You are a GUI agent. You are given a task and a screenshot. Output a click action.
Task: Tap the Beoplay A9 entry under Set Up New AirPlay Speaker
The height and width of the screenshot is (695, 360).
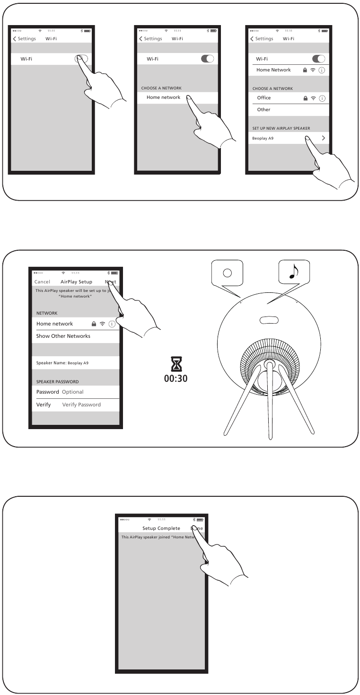[263, 139]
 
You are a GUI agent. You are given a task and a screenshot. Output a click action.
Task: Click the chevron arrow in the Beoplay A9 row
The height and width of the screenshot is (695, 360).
[324, 138]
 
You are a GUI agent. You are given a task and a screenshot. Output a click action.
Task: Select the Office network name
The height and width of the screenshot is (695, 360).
[263, 98]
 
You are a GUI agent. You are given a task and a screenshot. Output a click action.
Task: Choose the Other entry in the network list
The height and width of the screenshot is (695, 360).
[263, 110]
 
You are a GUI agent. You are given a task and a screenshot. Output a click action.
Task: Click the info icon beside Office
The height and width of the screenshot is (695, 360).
[323, 98]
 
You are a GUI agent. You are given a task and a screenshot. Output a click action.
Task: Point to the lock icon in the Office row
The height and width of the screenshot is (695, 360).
[306, 98]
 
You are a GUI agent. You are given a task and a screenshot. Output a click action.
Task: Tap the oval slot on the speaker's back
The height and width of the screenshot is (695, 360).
[268, 320]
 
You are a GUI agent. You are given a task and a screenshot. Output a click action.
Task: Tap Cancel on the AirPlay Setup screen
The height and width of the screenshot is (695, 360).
[42, 282]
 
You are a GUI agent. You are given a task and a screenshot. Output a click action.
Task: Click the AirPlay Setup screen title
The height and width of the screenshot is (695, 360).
[76, 282]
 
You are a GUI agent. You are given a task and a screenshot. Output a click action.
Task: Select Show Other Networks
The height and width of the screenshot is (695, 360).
[63, 336]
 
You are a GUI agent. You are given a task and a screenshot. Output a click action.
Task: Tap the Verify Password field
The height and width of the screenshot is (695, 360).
[81, 405]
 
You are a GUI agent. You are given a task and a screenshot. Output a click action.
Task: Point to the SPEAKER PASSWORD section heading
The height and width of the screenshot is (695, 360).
[57, 381]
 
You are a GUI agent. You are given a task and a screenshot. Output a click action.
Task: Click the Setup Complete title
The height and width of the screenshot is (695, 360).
[161, 528]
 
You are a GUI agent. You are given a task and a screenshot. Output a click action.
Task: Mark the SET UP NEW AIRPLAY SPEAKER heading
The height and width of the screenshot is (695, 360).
[281, 128]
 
